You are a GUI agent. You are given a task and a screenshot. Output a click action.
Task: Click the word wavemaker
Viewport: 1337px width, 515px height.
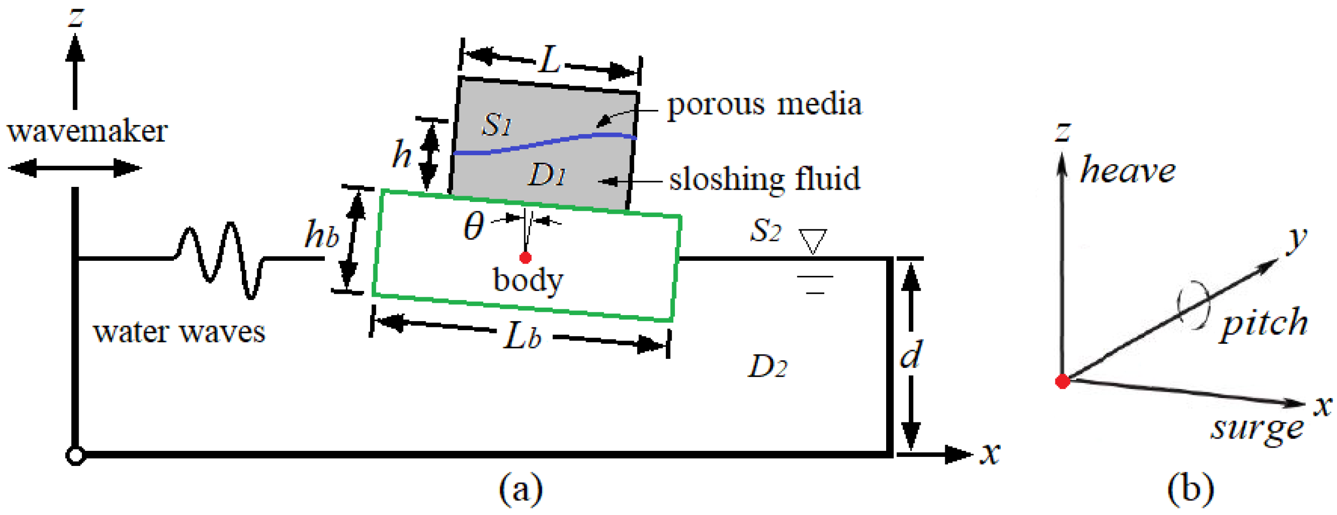tap(87, 131)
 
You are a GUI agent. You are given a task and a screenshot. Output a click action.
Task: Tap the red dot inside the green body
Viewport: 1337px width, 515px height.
tap(525, 258)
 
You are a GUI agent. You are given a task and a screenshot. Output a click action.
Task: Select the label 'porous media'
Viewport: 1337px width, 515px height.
tap(764, 105)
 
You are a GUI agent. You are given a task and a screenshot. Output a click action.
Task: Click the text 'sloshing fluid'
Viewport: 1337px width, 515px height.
tap(764, 179)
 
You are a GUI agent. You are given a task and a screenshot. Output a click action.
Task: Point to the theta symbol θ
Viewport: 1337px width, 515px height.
tap(473, 226)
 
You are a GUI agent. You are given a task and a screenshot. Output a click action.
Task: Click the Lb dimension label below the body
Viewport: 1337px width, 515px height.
tap(521, 337)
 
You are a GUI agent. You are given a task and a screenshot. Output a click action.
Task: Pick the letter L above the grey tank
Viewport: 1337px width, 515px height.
tap(549, 60)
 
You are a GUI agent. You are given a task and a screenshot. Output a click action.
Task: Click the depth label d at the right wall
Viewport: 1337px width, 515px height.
tap(910, 354)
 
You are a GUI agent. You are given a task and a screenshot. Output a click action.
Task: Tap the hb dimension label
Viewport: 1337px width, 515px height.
tap(322, 235)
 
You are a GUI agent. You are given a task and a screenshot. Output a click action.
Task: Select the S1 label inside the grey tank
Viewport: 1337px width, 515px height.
tap(496, 125)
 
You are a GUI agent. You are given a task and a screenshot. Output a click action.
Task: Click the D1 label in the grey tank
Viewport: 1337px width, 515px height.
tap(546, 175)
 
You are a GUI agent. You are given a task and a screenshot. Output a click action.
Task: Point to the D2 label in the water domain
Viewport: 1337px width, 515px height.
tap(767, 367)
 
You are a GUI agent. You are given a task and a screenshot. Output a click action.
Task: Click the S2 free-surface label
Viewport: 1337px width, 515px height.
tap(765, 231)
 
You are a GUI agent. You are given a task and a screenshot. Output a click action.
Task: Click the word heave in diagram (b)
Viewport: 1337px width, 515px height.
tap(1127, 171)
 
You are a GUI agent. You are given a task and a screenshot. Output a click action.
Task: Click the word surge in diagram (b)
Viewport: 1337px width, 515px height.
tap(1257, 429)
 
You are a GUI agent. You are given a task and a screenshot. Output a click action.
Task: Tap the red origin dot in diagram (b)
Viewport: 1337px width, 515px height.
tap(1062, 381)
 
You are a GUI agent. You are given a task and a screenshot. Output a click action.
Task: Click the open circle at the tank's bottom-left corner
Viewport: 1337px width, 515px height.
tap(75, 455)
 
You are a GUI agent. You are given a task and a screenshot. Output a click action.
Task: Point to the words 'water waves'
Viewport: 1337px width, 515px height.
tap(179, 332)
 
